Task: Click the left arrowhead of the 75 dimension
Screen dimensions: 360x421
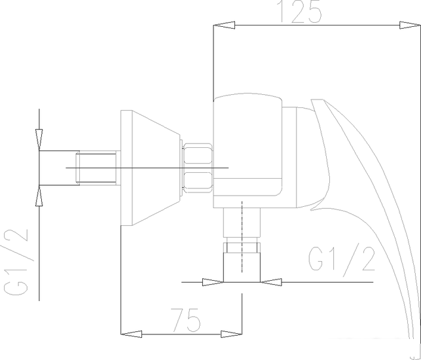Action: point(132,334)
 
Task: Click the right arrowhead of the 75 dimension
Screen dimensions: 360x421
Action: point(231,334)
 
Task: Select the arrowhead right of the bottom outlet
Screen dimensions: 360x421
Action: point(274,282)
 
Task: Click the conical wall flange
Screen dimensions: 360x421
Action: point(149,168)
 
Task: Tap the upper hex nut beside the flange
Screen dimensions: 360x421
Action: point(198,154)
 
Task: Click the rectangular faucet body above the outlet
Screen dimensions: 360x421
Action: point(247,151)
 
